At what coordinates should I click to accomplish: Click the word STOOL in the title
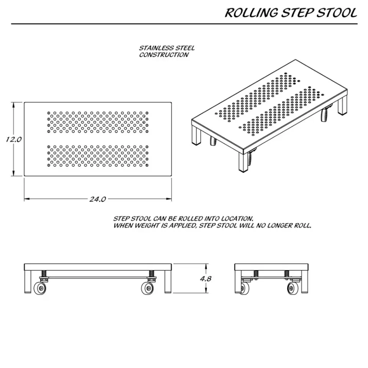pos(337,13)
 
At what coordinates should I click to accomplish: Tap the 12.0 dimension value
pos(14,140)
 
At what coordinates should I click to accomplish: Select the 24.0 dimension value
pos(98,199)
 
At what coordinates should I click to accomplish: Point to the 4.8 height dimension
pos(205,279)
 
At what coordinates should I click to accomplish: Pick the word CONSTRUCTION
pos(164,55)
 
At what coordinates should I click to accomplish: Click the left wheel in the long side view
pos(40,288)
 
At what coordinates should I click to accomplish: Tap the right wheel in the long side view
pos(148,288)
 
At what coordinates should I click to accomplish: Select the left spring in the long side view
pos(44,274)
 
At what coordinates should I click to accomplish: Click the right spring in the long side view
pos(152,274)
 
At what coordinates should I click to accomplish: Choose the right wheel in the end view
pos(292,288)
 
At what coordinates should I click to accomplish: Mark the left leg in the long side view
pos(28,281)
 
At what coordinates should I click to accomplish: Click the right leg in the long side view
pos(168,281)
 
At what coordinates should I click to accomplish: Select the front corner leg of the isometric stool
pos(242,161)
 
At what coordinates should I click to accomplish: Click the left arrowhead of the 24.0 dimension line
pos(27,199)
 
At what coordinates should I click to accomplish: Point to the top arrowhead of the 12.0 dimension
pos(14,105)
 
